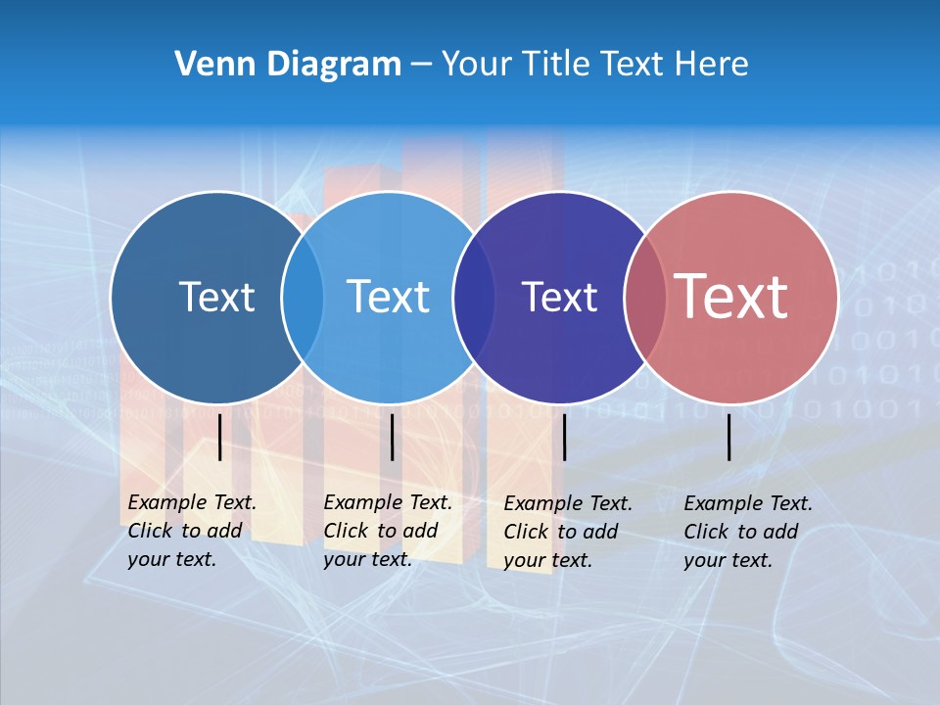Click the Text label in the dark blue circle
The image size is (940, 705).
click(216, 297)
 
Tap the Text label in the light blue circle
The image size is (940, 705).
click(388, 297)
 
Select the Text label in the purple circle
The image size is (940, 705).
click(559, 297)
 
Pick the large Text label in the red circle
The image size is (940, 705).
click(731, 296)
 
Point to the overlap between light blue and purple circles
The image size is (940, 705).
click(474, 298)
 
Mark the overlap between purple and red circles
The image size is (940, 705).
click(644, 298)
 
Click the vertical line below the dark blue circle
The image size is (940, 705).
click(220, 437)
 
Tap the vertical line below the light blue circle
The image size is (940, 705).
click(392, 437)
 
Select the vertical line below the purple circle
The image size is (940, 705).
click(564, 437)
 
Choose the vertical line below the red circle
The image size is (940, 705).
click(729, 437)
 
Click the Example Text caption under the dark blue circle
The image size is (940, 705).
click(192, 531)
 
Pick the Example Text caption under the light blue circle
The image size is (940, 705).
click(388, 531)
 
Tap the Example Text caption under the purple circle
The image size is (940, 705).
click(568, 532)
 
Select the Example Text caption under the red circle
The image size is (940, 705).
click(748, 532)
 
